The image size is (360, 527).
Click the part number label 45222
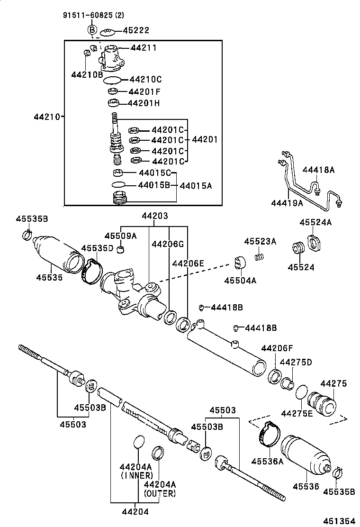[x=136, y=30]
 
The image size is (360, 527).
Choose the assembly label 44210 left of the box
[x=46, y=116]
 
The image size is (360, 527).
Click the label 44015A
[x=196, y=186]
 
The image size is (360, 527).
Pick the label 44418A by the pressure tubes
[x=318, y=170]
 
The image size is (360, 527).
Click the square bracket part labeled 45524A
[x=314, y=242]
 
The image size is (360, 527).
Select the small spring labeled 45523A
[x=259, y=257]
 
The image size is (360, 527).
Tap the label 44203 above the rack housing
[x=154, y=216]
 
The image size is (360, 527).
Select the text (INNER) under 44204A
[x=136, y=475]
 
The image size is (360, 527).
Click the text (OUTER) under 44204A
[x=160, y=493]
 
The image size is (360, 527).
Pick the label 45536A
[x=267, y=461]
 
